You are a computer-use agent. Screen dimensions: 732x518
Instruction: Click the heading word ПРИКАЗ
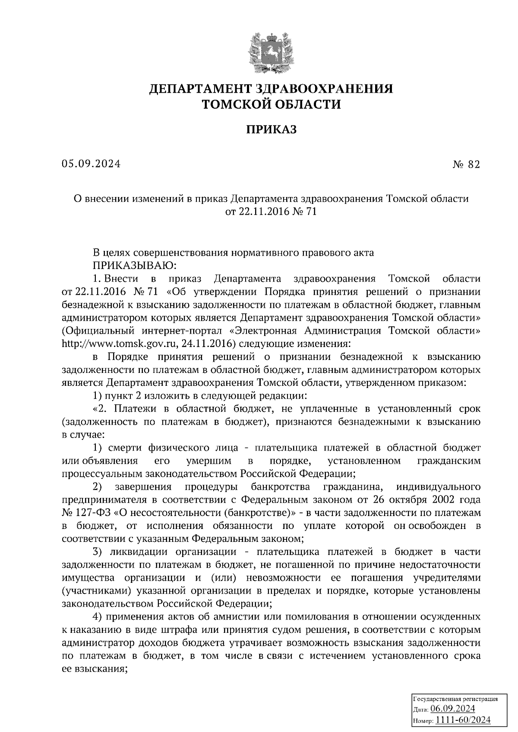[x=272, y=129]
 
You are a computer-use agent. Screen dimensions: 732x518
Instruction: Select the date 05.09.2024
[x=91, y=164]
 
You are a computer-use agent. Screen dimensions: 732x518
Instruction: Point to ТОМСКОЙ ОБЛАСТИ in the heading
[x=272, y=104]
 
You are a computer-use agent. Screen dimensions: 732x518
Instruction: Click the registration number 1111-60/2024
[x=463, y=720]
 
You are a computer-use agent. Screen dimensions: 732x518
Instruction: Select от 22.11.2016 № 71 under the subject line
[x=271, y=212]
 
